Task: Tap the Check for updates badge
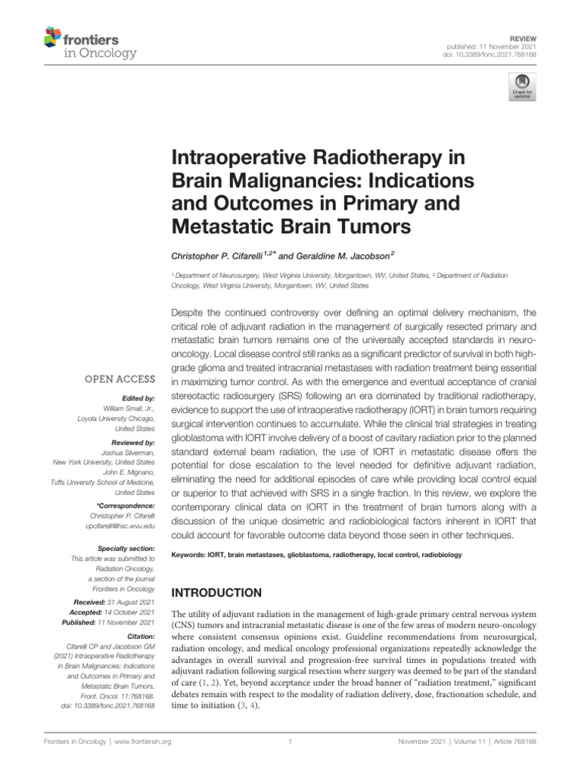coord(524,88)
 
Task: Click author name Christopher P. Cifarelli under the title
coord(219,256)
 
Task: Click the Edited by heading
coord(138,397)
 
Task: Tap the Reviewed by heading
coord(133,441)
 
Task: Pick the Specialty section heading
coord(127,548)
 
